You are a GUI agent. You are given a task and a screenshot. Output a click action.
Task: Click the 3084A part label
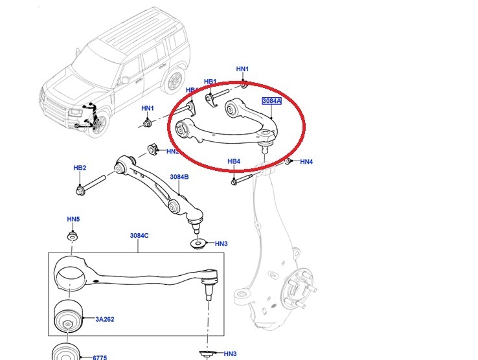click(271, 102)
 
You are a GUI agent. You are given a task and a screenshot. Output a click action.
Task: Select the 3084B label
click(179, 177)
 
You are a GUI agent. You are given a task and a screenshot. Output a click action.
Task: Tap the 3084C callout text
click(139, 235)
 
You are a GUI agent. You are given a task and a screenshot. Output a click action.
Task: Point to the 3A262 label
click(105, 319)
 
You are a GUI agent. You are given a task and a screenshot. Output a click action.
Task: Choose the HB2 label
click(80, 168)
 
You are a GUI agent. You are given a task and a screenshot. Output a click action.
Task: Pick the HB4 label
click(234, 161)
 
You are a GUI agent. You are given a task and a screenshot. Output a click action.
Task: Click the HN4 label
click(306, 161)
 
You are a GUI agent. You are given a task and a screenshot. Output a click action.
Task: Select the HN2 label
click(172, 152)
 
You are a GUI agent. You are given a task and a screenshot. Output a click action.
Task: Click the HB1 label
click(210, 82)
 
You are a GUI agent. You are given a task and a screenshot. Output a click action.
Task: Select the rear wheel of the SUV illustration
click(173, 81)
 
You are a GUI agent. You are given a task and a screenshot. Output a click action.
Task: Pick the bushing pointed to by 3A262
click(67, 315)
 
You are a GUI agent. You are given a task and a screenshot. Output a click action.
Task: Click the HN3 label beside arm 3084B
click(221, 244)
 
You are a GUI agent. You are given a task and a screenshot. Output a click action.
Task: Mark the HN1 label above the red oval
click(242, 69)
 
